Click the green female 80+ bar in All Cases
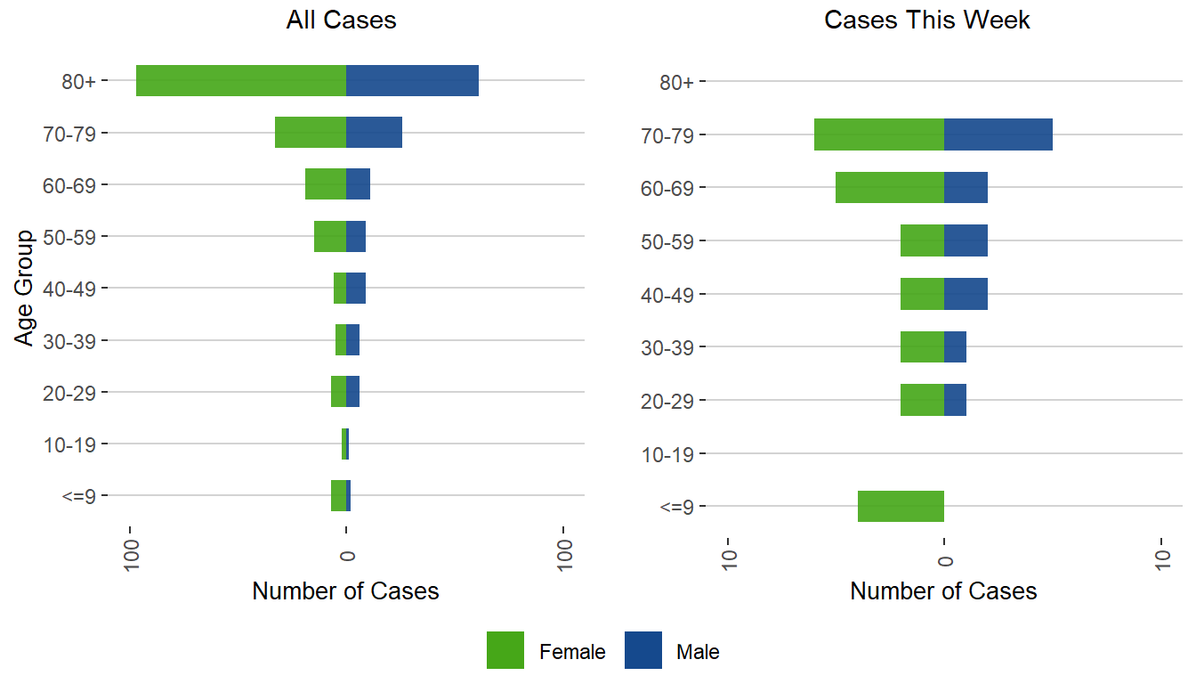point(241,81)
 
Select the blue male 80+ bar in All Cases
point(412,81)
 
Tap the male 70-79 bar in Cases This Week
point(998,134)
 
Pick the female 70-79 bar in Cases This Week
point(879,134)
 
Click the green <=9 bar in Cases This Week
point(901,506)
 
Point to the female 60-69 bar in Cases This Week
point(890,187)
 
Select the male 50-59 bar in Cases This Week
point(966,240)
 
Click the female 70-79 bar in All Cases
point(311,133)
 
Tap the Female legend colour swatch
point(505,651)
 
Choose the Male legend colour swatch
point(642,651)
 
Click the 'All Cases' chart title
point(342,20)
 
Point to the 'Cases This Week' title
point(927,20)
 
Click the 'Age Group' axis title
point(25,288)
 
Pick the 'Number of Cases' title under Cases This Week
point(943,591)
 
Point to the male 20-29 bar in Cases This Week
point(955,400)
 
